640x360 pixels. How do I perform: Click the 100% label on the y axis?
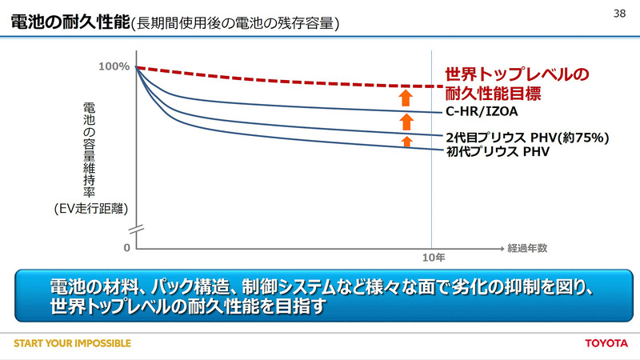coord(114,66)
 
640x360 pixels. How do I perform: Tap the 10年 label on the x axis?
coord(433,258)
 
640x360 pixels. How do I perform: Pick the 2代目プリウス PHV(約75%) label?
coord(525,137)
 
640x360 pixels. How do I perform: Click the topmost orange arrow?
coord(406,98)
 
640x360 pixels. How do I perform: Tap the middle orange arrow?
coord(406,122)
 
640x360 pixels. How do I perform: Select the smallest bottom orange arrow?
coord(406,141)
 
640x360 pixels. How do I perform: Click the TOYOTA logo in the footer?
coord(606,344)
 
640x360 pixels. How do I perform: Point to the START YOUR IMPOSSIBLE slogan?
coord(72,344)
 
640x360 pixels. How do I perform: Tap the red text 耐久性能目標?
coord(494,93)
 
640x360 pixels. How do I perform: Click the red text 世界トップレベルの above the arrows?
coord(517,74)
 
